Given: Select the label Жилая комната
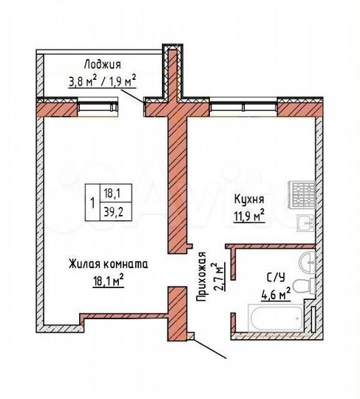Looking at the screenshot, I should pyautogui.click(x=109, y=264).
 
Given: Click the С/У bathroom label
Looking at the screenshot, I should pyautogui.click(x=276, y=279).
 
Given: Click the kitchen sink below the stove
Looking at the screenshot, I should pyautogui.click(x=303, y=223).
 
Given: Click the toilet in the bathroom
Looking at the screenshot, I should pyautogui.click(x=303, y=287).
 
